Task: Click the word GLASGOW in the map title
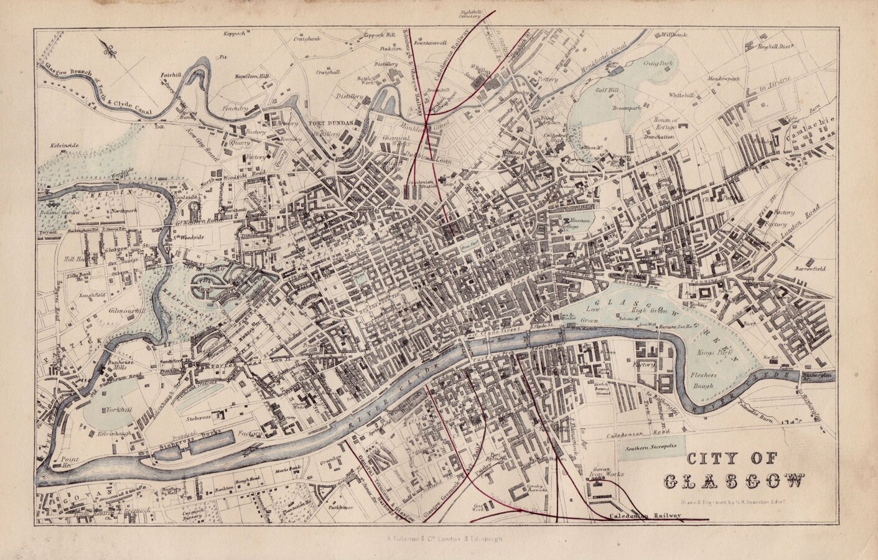point(734,481)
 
